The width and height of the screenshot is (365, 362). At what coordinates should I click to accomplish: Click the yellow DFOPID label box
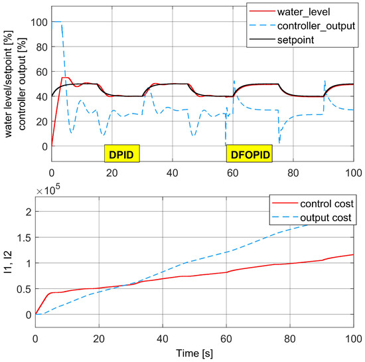(x=246, y=154)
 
